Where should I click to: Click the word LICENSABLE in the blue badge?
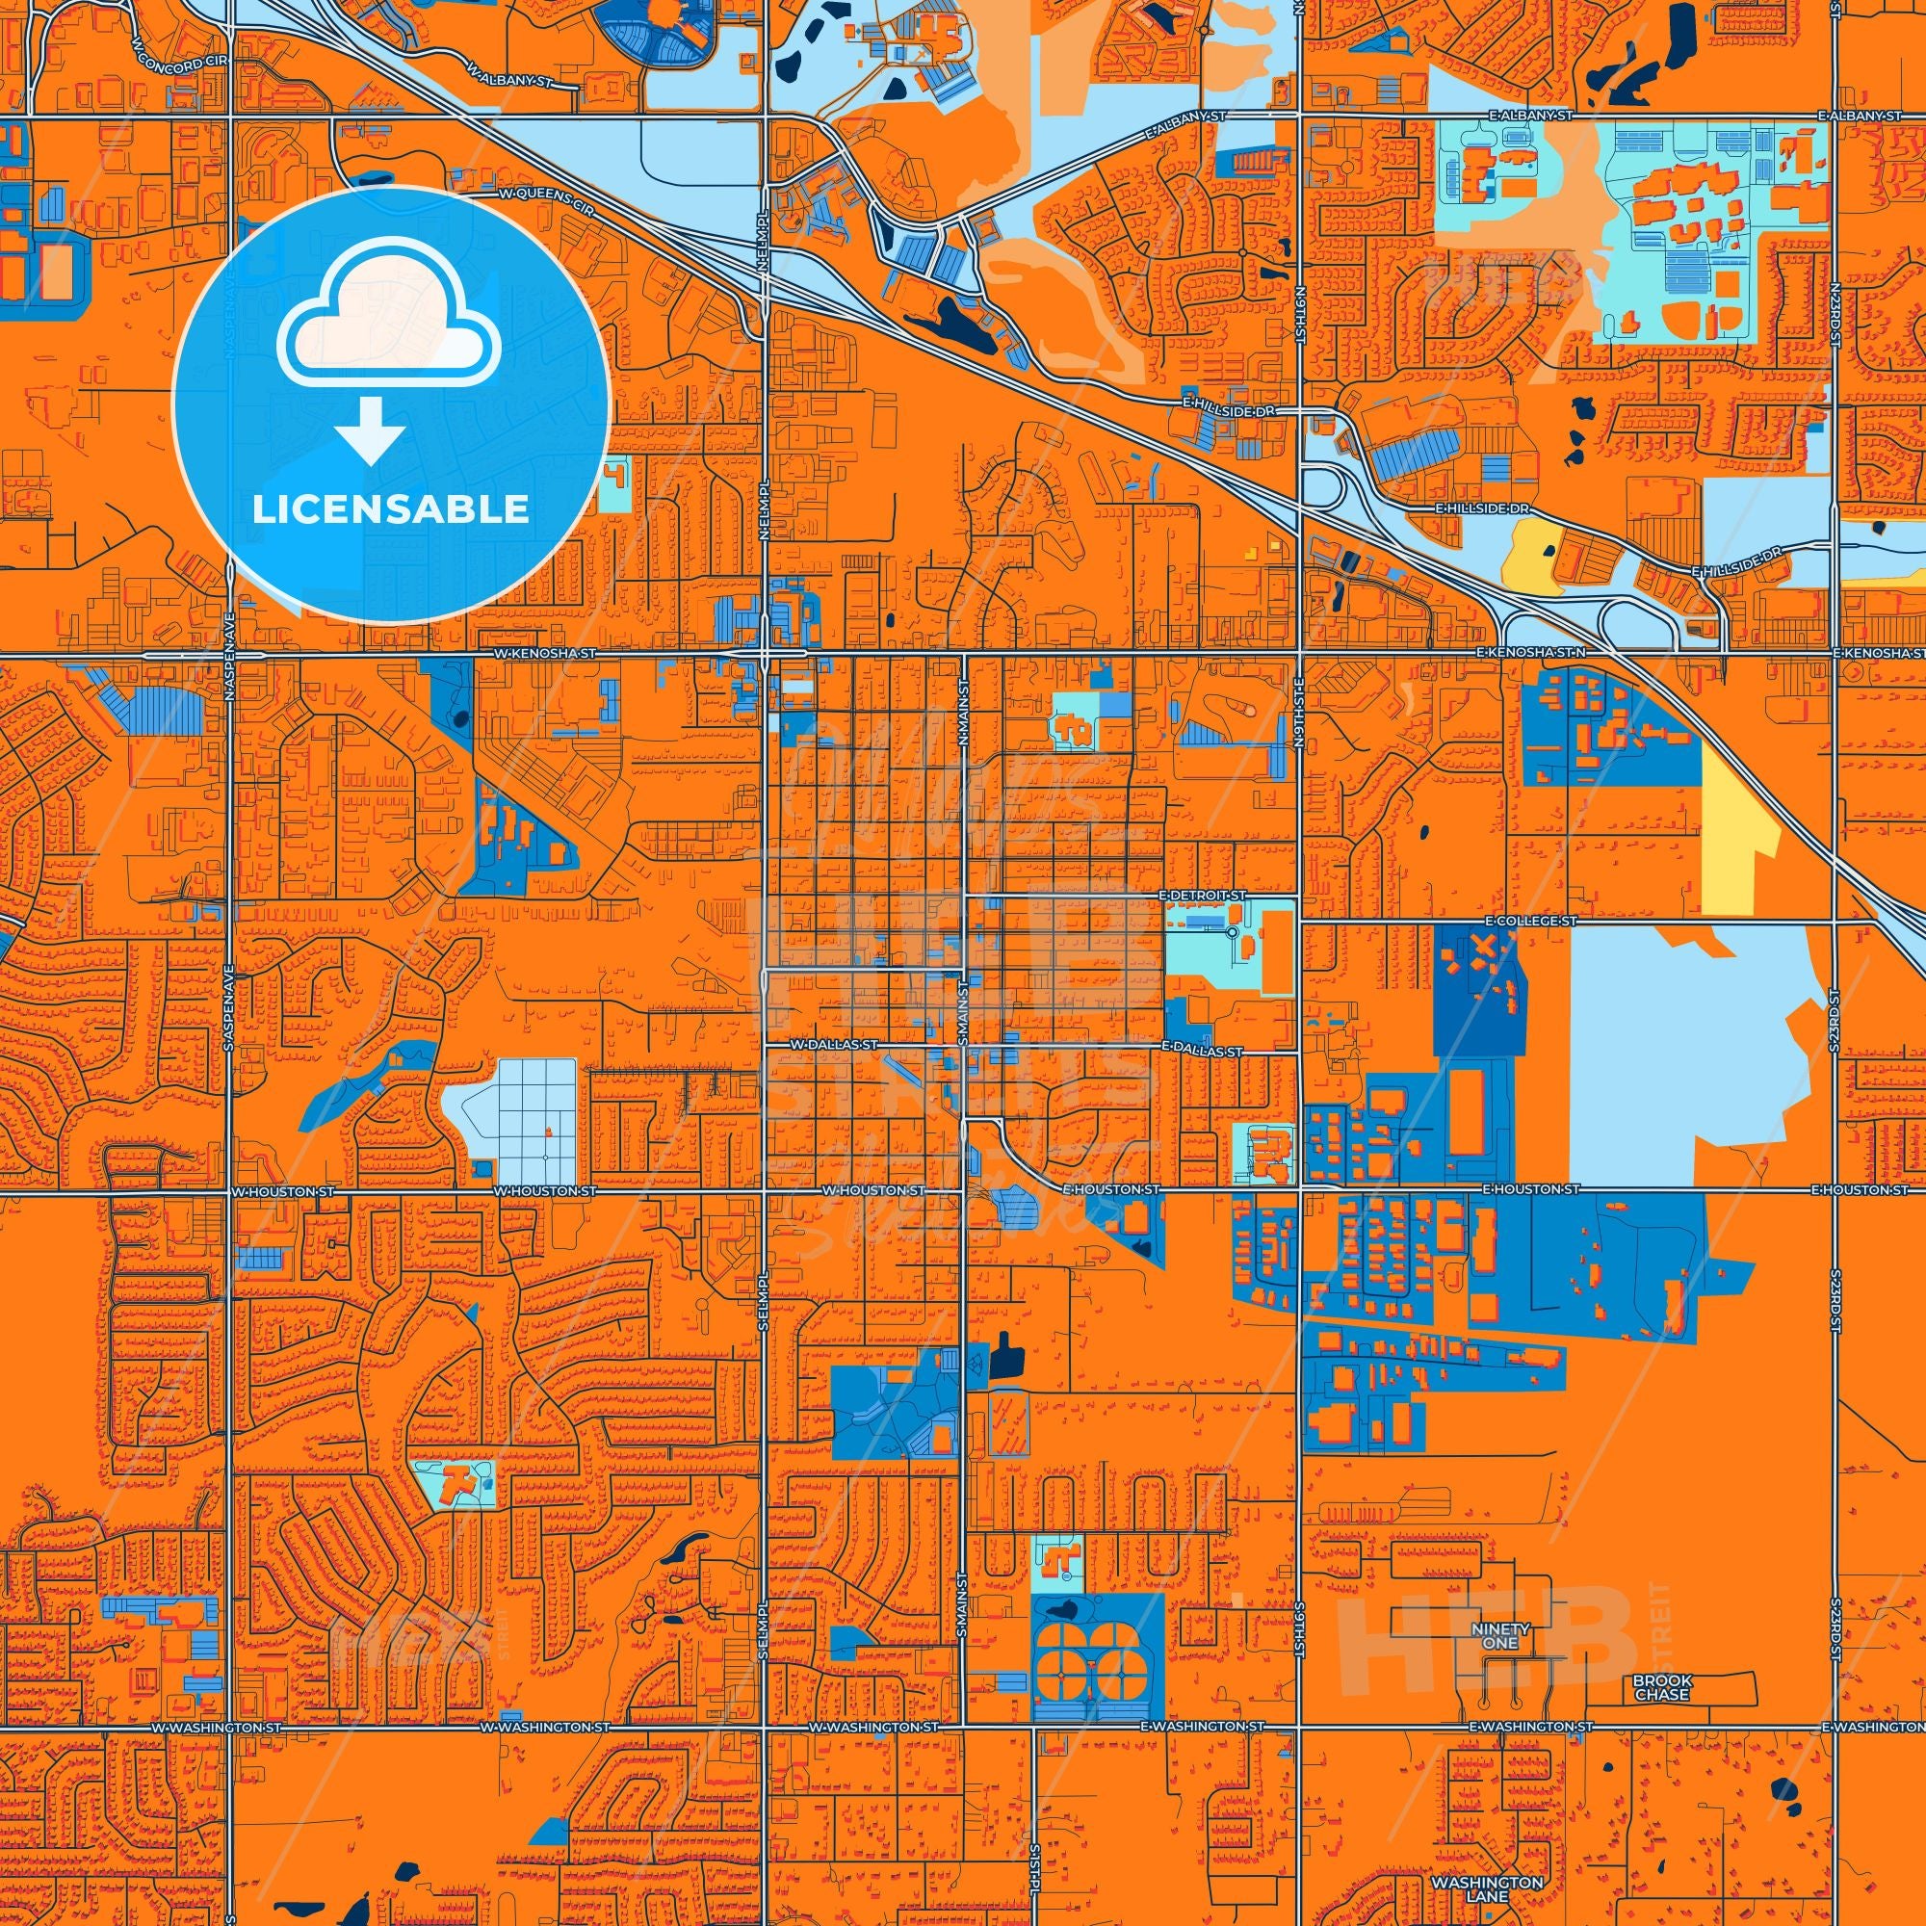[391, 509]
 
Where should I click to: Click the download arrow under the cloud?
[369, 429]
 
